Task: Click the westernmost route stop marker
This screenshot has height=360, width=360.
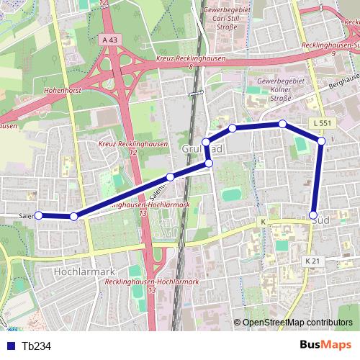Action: click(x=39, y=215)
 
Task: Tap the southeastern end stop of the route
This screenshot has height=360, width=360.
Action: click(x=313, y=215)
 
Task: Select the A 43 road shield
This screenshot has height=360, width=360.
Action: click(x=109, y=40)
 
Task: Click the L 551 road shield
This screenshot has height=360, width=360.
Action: click(x=323, y=124)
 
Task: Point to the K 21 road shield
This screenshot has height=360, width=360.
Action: click(x=312, y=260)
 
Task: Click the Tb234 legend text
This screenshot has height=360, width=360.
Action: click(x=37, y=346)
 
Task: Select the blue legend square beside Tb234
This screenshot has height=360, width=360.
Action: click(x=11, y=346)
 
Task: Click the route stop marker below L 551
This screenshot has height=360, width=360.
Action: click(x=321, y=140)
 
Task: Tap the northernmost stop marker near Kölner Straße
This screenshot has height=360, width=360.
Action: click(x=283, y=124)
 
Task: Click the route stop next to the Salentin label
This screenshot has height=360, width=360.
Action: click(x=170, y=176)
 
